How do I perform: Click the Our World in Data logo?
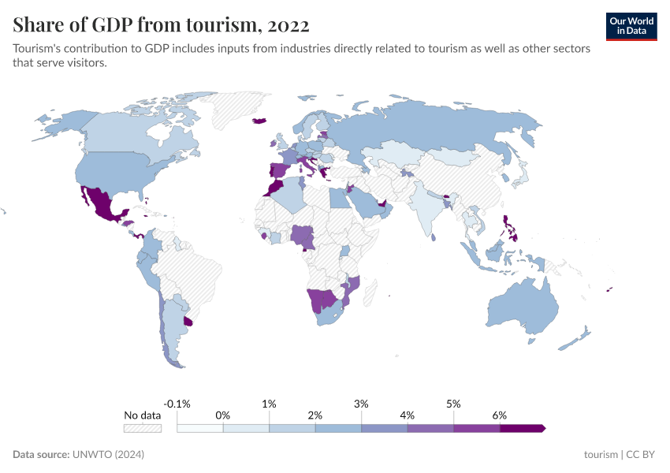[631, 26]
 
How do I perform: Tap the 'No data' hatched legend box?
[143, 428]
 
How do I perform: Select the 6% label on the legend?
[499, 415]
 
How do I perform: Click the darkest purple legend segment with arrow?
[521, 428]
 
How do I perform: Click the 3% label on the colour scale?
[362, 403]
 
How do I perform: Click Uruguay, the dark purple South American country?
[187, 321]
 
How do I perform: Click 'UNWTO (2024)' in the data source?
[108, 455]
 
